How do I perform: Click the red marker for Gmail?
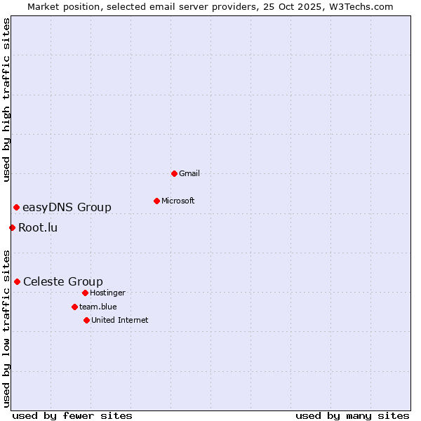(174, 173)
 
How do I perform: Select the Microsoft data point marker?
(156, 201)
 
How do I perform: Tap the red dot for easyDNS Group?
(16, 207)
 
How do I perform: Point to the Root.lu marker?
(12, 227)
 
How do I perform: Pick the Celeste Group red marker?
(17, 281)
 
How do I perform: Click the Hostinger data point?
(85, 293)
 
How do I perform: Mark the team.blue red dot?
(74, 307)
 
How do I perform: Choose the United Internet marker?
(86, 320)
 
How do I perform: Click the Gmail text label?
(189, 173)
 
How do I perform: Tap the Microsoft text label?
(178, 201)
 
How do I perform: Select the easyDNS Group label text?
(67, 207)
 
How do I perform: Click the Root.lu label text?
(38, 227)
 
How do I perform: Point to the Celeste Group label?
(63, 281)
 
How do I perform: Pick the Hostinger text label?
(107, 293)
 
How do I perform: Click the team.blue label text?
(98, 307)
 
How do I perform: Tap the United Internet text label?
(120, 320)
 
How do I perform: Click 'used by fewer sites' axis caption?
(72, 415)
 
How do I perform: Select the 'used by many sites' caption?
(352, 415)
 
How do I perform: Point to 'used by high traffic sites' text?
(6, 100)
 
